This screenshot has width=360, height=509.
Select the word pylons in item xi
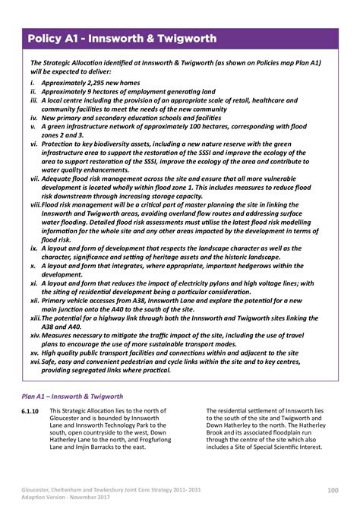[x=244, y=283]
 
